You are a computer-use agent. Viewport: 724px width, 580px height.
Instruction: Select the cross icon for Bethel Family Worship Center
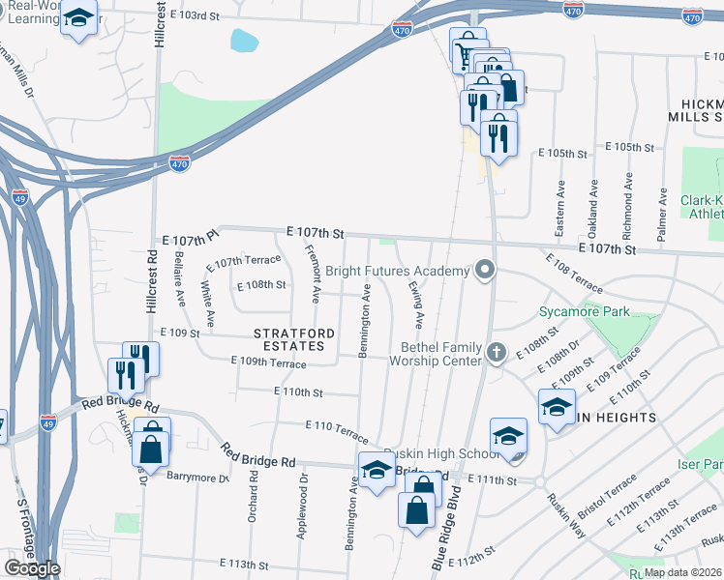click(x=498, y=352)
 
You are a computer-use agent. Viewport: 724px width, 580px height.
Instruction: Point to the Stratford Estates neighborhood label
click(x=294, y=339)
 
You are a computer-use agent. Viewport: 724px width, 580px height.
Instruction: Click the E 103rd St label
click(x=202, y=16)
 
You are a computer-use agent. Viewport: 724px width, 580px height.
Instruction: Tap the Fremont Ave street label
click(x=315, y=274)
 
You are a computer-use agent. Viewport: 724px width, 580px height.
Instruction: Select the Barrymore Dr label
click(x=196, y=477)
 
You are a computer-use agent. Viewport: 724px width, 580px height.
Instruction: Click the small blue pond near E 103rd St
click(x=245, y=41)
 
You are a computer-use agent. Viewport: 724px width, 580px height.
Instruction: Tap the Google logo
click(x=32, y=568)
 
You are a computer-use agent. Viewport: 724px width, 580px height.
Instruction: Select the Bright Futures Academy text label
click(x=410, y=272)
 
